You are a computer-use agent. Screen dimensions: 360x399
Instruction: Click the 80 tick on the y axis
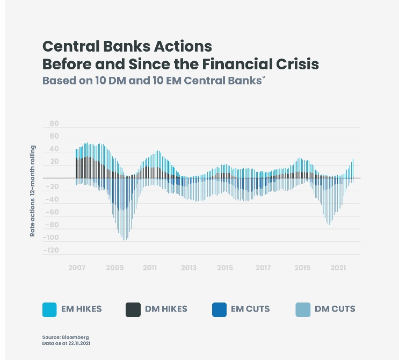coord(54,124)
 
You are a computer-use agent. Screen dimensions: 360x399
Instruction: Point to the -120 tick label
coord(52,250)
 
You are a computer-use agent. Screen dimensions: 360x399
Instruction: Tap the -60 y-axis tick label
coord(52,212)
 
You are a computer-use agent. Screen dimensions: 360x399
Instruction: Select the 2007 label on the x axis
coord(77,268)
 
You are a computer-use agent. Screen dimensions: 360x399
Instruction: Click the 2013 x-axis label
coord(188,268)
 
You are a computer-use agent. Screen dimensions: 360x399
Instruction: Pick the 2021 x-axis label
coord(338,268)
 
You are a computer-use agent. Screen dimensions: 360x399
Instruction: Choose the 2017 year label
coord(263,268)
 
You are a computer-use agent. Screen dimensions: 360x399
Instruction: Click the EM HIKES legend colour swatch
coord(49,309)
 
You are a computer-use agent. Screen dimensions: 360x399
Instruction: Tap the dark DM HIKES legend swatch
coord(133,309)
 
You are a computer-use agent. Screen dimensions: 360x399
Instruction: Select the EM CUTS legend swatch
coord(219,309)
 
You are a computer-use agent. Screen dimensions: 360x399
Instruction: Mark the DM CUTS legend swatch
coord(303,309)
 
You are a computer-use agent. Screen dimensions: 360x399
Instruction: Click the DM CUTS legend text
coord(336,309)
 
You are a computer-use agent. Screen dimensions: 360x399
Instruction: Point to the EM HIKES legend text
coord(81,309)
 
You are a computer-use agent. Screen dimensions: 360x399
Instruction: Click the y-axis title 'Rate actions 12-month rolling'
coord(33,191)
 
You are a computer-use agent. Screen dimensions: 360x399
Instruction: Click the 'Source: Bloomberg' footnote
coord(66,337)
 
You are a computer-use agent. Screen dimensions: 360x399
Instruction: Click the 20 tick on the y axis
coord(54,162)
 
